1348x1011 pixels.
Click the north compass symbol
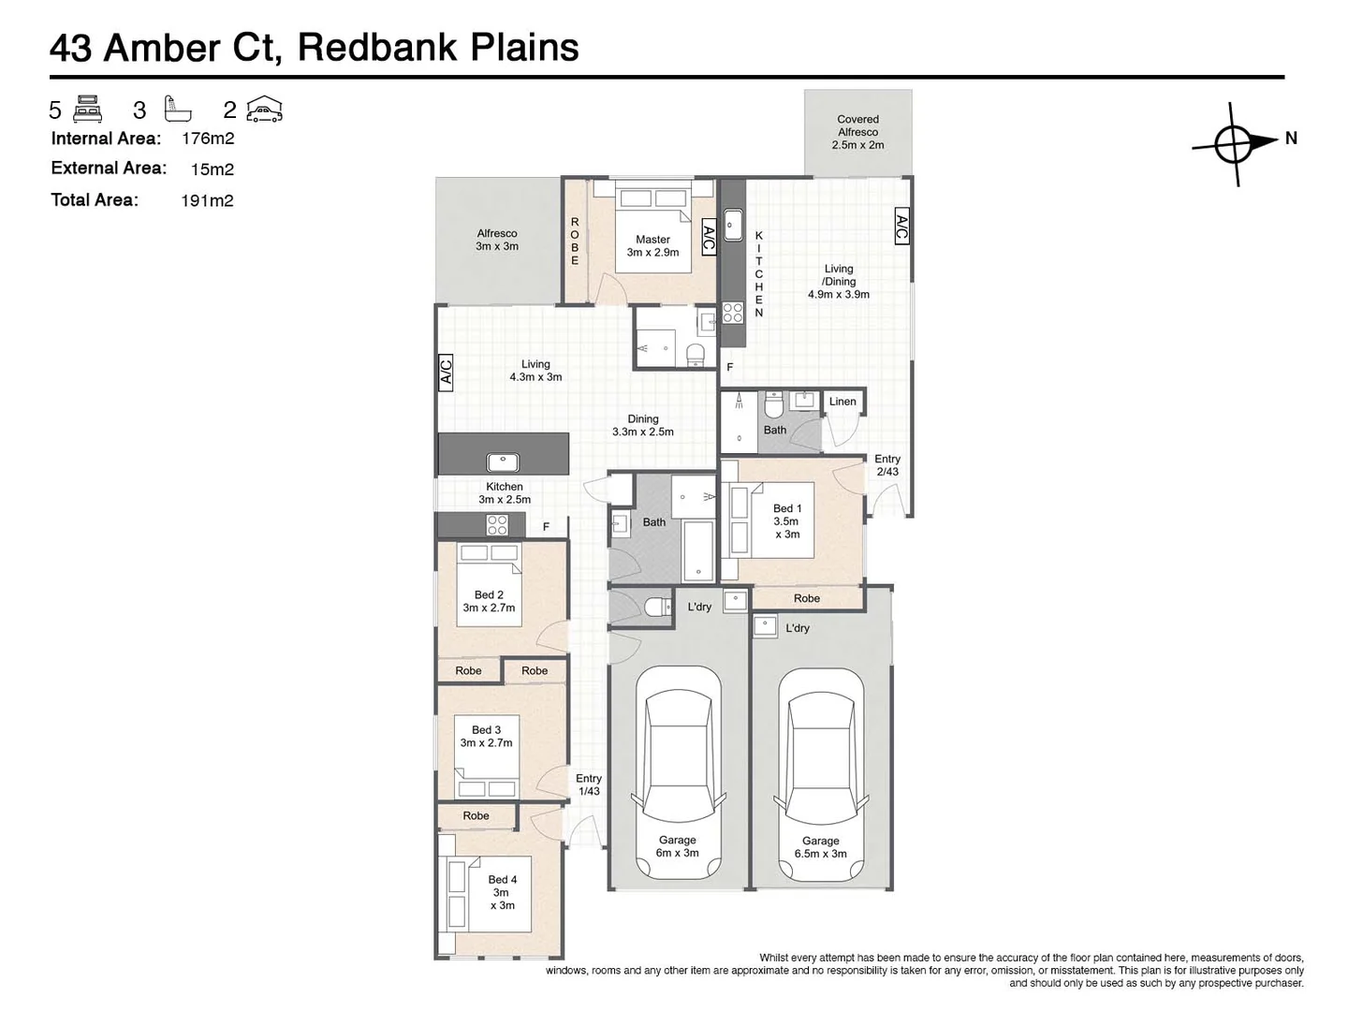(1234, 143)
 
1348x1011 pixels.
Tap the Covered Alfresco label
(857, 132)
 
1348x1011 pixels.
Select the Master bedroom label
(652, 245)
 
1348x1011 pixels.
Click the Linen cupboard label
(842, 402)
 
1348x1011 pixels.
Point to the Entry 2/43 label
(886, 465)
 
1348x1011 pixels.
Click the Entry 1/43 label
(588, 784)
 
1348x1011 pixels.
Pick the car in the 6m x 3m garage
(677, 772)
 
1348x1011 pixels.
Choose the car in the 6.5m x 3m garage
(821, 772)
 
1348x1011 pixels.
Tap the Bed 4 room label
(502, 892)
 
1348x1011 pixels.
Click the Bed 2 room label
(489, 601)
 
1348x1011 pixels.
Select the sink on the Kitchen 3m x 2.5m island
(503, 462)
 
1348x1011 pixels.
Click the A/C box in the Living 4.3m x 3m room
(447, 372)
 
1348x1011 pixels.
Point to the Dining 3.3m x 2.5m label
(642, 425)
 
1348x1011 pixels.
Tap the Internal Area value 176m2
(208, 139)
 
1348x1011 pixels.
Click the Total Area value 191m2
(207, 200)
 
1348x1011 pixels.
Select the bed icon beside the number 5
(87, 109)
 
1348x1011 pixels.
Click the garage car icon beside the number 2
(264, 110)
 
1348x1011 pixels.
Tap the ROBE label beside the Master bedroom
(575, 242)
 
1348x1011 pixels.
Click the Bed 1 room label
(786, 521)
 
